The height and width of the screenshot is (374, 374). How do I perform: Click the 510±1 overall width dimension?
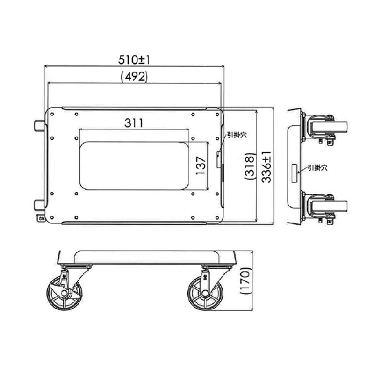click(134, 59)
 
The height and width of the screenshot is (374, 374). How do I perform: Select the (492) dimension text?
click(134, 76)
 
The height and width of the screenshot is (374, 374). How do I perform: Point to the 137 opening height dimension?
click(201, 165)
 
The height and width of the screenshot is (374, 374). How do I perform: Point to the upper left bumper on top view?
click(39, 127)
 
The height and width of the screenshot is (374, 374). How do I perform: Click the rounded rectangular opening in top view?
click(134, 166)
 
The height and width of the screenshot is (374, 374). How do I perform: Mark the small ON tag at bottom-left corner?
click(41, 218)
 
